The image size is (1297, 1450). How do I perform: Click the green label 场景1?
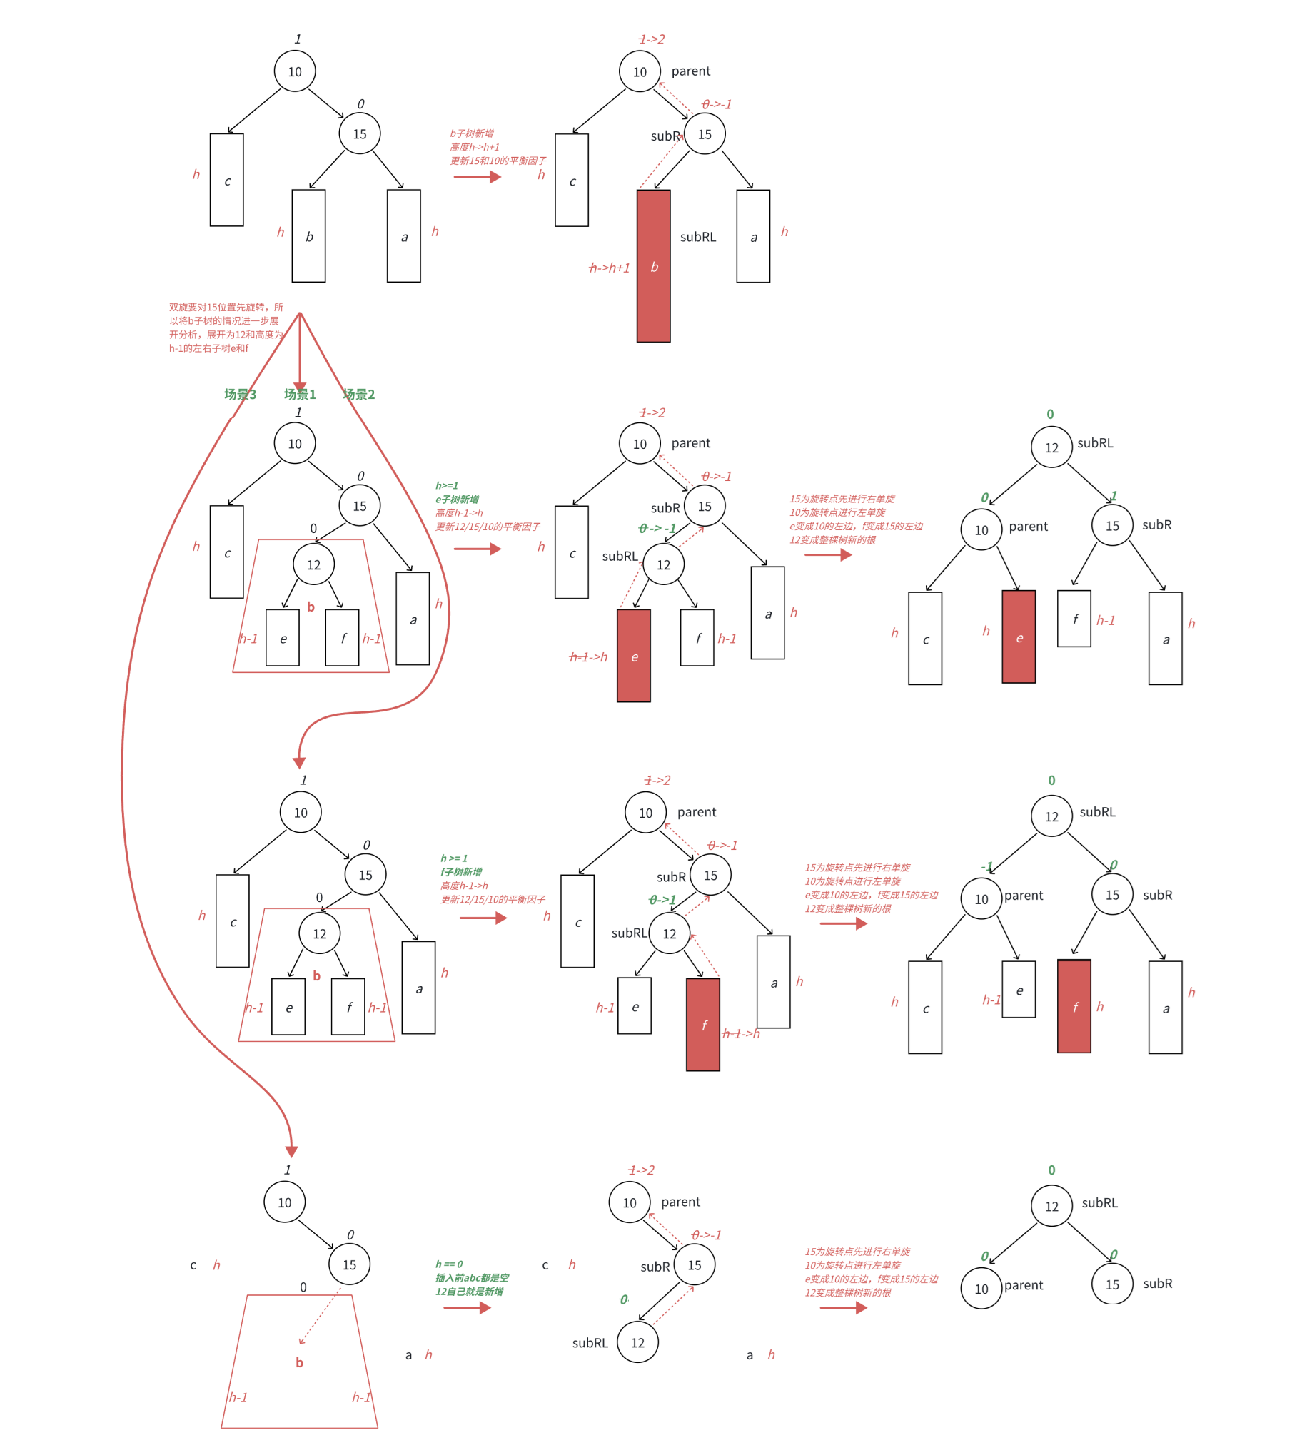click(299, 394)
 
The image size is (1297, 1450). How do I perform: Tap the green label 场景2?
click(358, 394)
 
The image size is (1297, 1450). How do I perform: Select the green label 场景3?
click(240, 394)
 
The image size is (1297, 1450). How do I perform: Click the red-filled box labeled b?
click(653, 266)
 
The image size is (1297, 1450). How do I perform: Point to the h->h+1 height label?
click(609, 268)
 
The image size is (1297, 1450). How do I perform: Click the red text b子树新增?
click(471, 133)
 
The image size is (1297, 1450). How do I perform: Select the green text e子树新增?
click(457, 500)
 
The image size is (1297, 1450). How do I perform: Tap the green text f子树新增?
click(461, 872)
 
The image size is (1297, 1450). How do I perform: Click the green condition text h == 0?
click(449, 1264)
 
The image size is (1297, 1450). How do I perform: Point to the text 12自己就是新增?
click(469, 1292)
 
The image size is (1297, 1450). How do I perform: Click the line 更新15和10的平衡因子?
click(498, 161)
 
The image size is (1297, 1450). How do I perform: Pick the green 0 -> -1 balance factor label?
click(657, 528)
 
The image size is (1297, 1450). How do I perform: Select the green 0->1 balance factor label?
click(662, 900)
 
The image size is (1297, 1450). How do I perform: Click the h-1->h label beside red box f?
click(741, 1034)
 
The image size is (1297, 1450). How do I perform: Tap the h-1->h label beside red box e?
click(588, 657)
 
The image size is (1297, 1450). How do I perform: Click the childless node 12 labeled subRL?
click(637, 1342)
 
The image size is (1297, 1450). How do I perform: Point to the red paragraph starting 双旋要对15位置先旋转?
click(226, 328)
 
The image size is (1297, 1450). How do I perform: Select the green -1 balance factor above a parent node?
click(986, 867)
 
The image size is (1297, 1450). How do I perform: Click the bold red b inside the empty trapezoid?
click(299, 1362)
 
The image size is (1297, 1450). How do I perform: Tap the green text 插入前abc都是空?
click(472, 1278)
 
